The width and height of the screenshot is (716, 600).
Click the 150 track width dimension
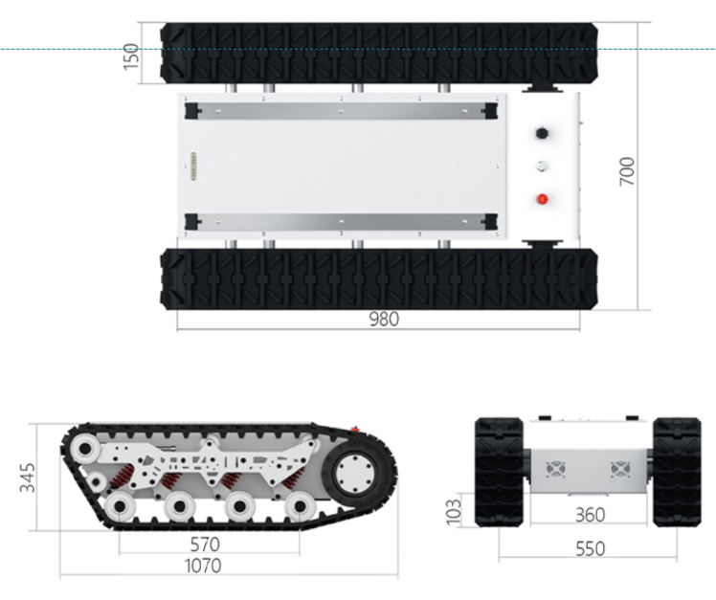132,55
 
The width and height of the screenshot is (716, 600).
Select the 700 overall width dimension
627,170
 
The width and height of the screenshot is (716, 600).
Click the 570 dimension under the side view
205,544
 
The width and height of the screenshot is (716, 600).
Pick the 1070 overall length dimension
203,566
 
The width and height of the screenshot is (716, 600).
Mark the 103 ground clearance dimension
453,508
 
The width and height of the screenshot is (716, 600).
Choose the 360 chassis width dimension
590,515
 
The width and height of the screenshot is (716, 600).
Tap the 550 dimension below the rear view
590,550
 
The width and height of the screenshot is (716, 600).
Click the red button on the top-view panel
542,199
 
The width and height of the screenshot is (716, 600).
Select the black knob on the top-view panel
542,132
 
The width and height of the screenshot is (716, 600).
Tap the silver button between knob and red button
542,166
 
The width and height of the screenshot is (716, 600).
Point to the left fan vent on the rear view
556,470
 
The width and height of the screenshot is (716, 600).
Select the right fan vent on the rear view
618,470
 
